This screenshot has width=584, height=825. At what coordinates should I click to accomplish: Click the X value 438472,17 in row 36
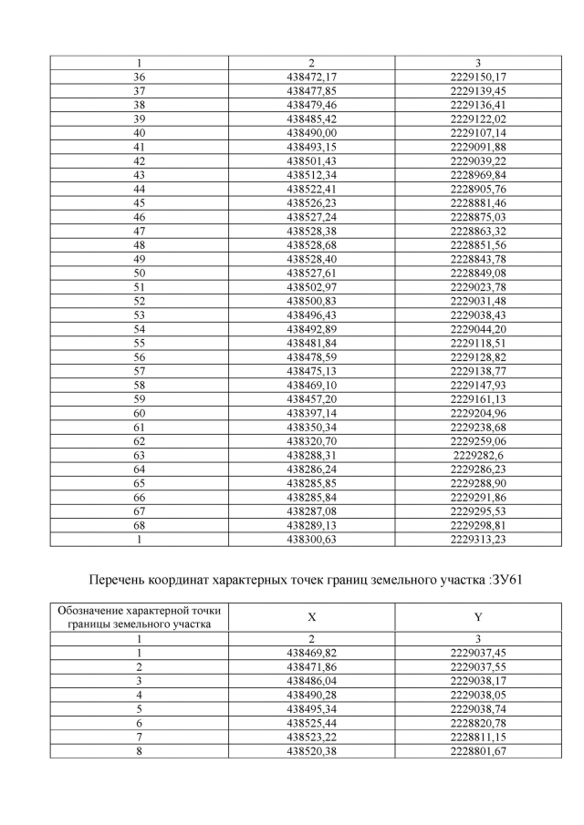tap(311, 77)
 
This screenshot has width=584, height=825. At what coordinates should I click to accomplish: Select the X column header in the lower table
tap(311, 616)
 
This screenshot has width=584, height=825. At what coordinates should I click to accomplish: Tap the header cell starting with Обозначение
tap(140, 616)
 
